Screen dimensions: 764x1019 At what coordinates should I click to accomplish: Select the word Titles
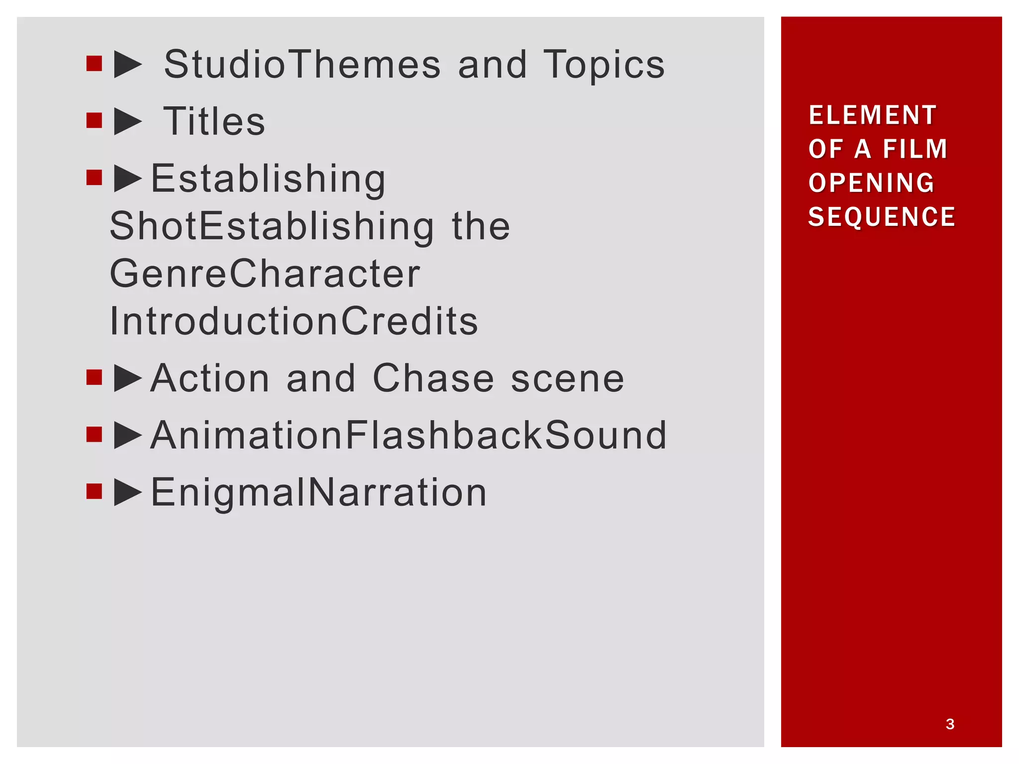coord(214,121)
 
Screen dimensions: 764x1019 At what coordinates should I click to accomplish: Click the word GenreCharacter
coord(265,274)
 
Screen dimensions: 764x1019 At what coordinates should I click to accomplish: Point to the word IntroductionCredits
coord(294,321)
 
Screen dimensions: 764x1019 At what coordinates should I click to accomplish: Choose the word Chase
coord(433,379)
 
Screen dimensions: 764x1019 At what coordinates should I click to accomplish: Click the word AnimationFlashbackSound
coord(408,435)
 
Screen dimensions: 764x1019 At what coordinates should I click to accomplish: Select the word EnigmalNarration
coord(318,492)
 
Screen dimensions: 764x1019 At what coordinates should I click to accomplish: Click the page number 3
coord(950,724)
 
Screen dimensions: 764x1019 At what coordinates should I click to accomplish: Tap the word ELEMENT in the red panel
coord(873,115)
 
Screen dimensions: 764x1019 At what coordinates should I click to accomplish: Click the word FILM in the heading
coord(915,149)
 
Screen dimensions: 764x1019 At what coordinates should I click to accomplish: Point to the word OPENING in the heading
coord(872,183)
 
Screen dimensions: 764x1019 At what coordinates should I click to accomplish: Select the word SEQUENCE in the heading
coord(882,217)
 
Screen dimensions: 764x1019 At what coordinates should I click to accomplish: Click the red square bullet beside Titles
coord(94,120)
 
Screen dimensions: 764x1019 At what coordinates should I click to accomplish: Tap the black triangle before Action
coord(127,379)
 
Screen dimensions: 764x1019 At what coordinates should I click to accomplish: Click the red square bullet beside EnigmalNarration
coord(94,491)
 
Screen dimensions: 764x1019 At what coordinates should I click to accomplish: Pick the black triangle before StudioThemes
coord(127,65)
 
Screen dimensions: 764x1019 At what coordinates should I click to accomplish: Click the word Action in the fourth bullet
coord(210,379)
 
